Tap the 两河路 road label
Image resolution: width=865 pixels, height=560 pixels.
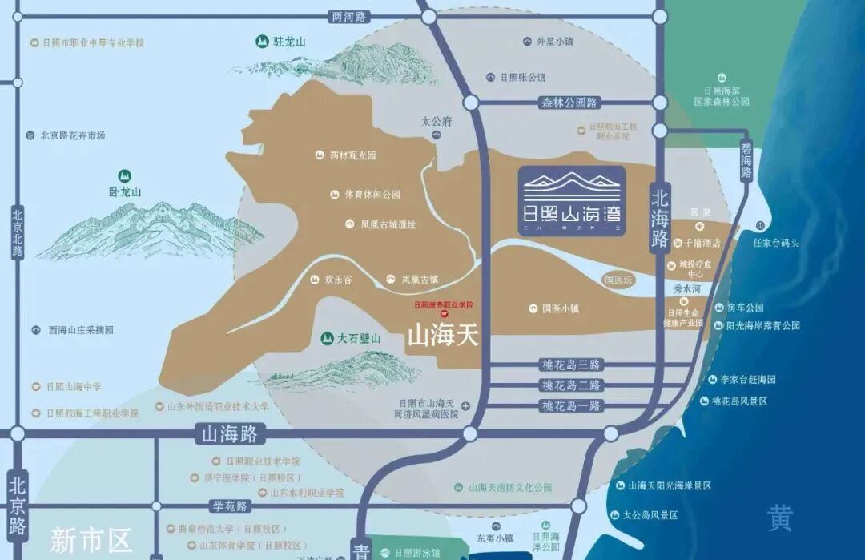coord(348,16)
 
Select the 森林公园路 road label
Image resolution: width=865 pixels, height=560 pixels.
coord(569,103)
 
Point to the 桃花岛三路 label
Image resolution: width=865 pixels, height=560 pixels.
coord(571,365)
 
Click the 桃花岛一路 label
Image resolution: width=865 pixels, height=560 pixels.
coord(571,405)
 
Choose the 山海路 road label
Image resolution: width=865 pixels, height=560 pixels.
coord(229,434)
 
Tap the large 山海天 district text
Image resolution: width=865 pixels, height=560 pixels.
coord(443,335)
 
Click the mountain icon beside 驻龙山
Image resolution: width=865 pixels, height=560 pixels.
coord(261,42)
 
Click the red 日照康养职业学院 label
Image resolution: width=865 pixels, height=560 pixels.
coord(444,304)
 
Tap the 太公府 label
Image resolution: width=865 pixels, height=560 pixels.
coord(437,122)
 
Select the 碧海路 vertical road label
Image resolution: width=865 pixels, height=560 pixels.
coord(746,161)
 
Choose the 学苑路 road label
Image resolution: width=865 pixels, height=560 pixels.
coord(230,506)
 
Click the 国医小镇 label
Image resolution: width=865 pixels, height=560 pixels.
coord(560,308)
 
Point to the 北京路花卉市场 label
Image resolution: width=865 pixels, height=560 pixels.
coord(73,135)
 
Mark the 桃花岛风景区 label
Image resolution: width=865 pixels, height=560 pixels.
coord(739,401)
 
